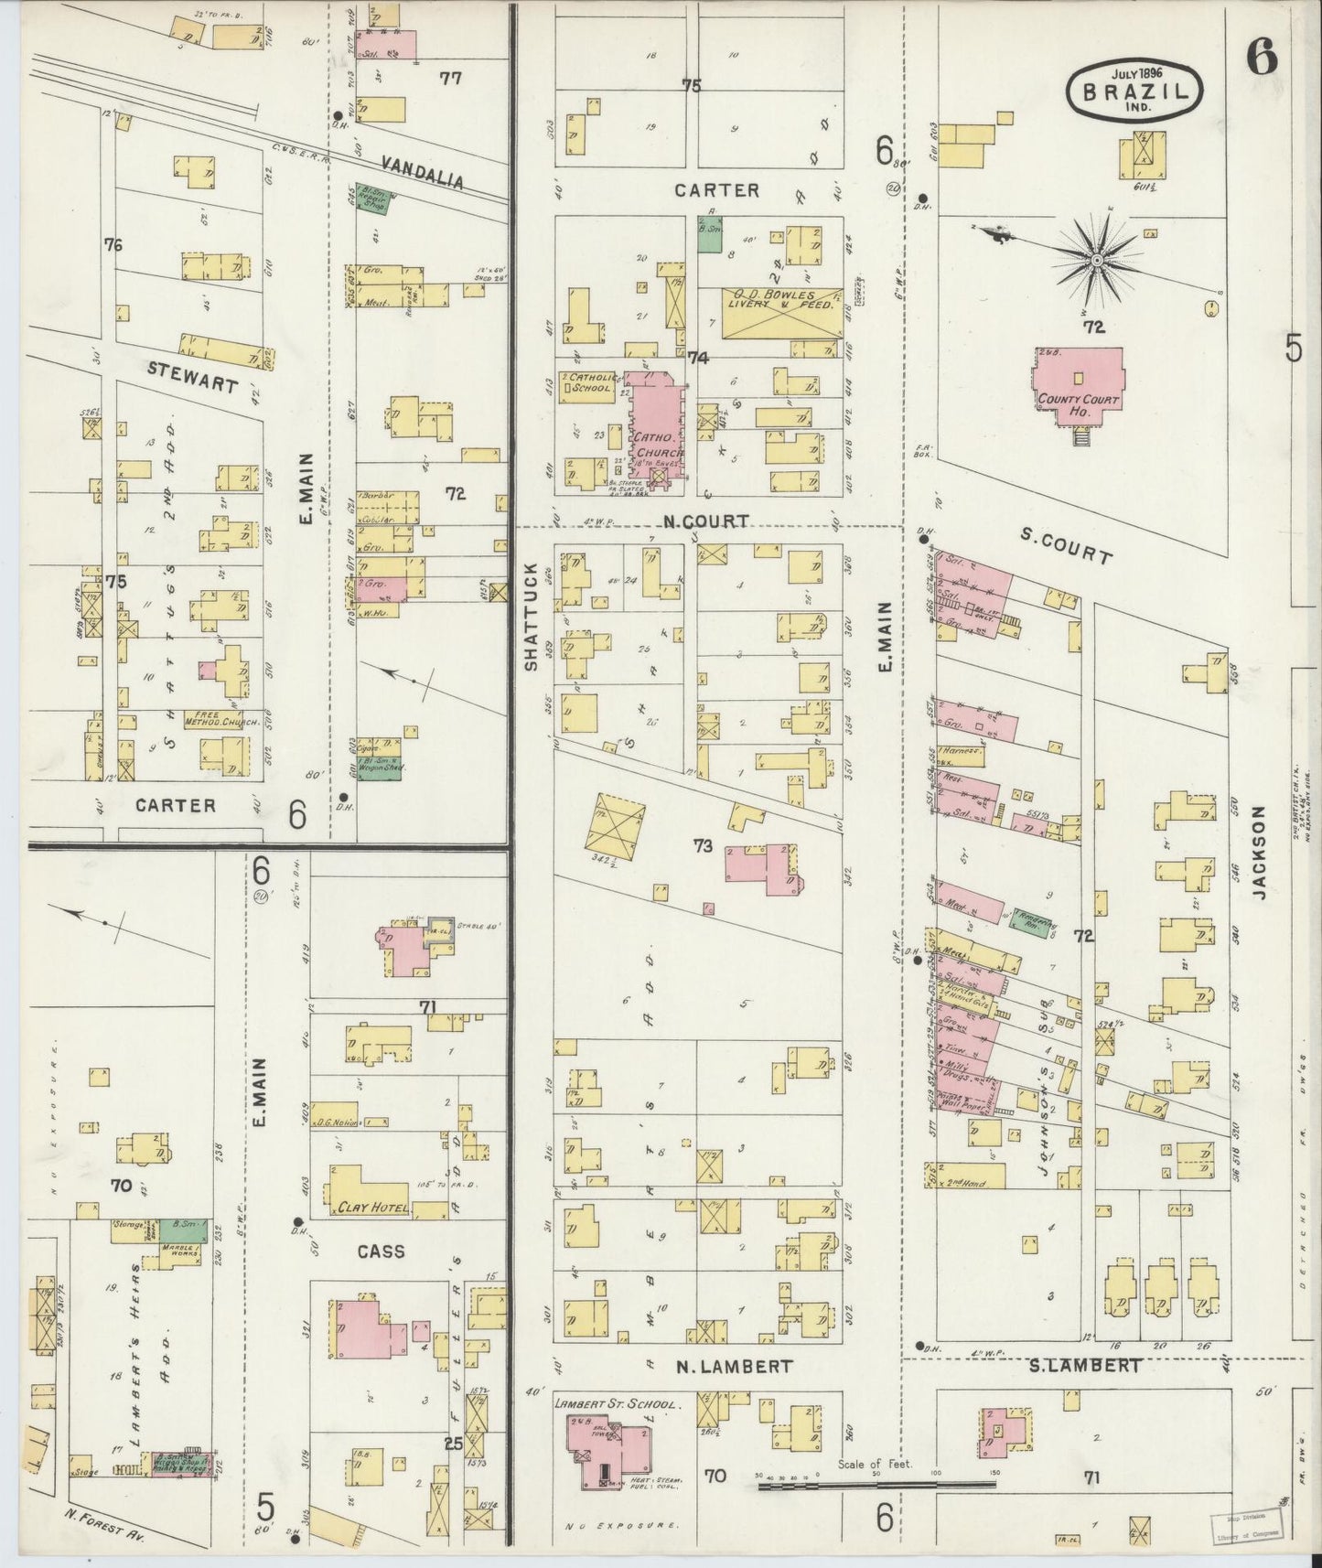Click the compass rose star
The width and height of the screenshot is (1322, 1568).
1095,263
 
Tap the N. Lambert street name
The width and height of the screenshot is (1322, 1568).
734,1366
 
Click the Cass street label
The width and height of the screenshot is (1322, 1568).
381,1251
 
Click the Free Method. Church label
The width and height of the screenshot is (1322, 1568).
222,722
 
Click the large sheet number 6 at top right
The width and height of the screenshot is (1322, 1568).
1261,59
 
